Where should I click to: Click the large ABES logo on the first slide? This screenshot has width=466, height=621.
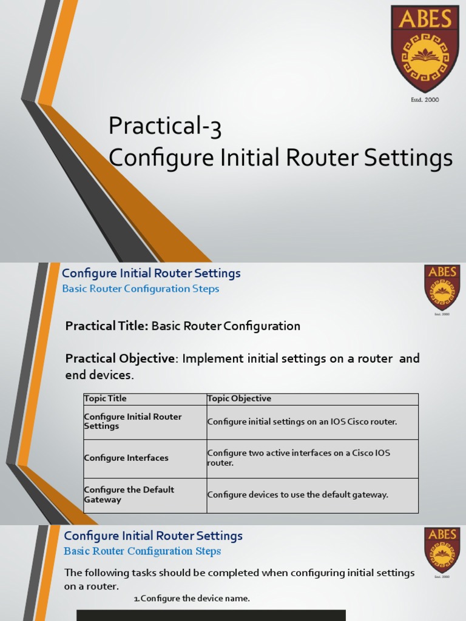pos(425,49)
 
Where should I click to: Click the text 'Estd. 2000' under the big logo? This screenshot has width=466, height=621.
pos(425,99)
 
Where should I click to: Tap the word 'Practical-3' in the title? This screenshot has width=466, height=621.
pos(164,127)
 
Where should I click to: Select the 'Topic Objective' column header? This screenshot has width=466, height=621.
pos(239,398)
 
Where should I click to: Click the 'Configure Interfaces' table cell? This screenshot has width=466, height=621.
pos(126,458)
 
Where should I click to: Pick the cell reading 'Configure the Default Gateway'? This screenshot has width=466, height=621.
pos(129,495)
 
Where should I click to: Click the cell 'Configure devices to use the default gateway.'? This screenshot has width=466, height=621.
pos(297,495)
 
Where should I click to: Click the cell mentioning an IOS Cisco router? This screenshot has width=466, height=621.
pos(302,421)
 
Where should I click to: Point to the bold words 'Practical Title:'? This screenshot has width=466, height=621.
pos(107,326)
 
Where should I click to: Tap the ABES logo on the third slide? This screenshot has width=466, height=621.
pos(442,551)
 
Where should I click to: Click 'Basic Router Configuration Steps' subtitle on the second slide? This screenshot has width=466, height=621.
pos(141,289)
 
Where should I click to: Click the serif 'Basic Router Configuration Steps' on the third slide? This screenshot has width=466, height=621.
pos(142,551)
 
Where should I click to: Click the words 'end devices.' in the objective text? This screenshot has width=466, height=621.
pos(99,375)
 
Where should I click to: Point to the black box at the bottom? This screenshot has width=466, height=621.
pos(211,615)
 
